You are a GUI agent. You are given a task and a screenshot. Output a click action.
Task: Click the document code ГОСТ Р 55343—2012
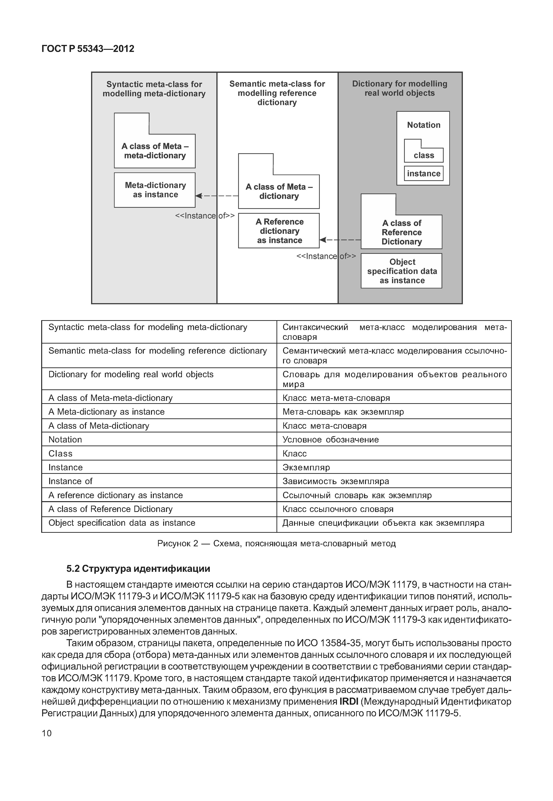pyautogui.click(x=88, y=49)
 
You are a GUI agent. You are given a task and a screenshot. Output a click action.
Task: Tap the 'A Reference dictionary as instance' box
pyautogui.click(x=279, y=231)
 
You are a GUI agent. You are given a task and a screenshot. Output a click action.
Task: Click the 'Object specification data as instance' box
pyautogui.click(x=401, y=271)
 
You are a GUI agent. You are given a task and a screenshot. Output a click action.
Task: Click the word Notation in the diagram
pyautogui.click(x=423, y=125)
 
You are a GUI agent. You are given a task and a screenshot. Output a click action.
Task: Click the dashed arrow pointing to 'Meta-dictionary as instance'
pyautogui.click(x=217, y=196)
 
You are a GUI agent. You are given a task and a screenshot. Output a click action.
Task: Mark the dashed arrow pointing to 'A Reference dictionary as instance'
pyautogui.click(x=339, y=239)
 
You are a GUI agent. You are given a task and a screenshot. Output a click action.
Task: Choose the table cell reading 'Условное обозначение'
pyautogui.click(x=331, y=440)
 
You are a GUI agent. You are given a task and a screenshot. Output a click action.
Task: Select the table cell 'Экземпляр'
pyautogui.click(x=306, y=467)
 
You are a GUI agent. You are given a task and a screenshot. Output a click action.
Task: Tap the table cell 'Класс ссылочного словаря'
pyautogui.click(x=338, y=509)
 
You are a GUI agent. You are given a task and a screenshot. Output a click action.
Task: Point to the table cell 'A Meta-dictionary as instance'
pyautogui.click(x=106, y=412)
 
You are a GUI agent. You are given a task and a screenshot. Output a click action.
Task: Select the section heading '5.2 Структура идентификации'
pyautogui.click(x=138, y=569)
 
